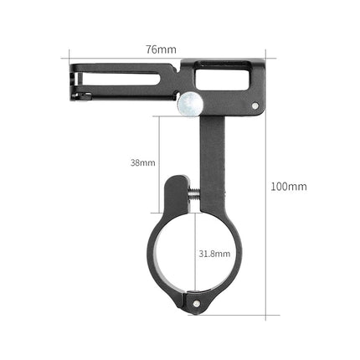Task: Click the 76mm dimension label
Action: coord(161,49)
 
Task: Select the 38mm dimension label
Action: coord(143,162)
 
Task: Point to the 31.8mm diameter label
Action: coord(214,252)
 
